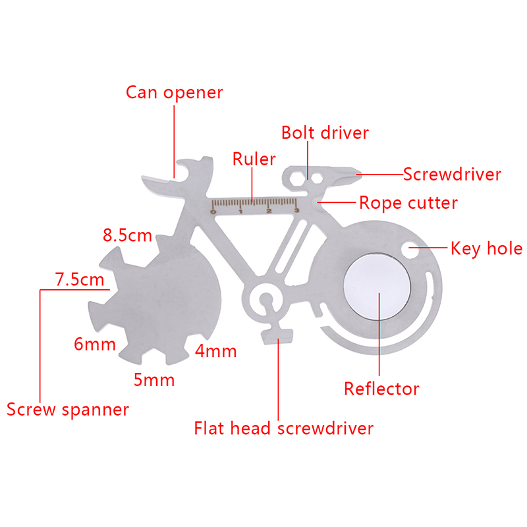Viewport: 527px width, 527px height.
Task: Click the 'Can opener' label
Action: pos(175,92)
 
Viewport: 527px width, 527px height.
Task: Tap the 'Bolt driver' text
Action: pos(325,132)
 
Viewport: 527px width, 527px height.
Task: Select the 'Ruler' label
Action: pos(254,159)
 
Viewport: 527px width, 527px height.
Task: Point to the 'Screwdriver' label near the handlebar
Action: pos(452,175)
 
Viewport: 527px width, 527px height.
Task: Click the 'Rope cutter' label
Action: pos(408,202)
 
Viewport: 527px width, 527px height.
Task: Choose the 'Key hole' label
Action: pos(486,248)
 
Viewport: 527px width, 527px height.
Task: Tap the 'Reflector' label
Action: pos(381,389)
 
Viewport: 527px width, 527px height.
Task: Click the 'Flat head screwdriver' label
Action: pos(283,428)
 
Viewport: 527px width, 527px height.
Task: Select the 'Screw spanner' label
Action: pos(68,409)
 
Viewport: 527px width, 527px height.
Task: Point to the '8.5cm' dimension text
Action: pos(127,235)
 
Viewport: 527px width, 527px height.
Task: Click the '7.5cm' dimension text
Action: pos(79,279)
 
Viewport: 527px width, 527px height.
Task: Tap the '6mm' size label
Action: pos(95,344)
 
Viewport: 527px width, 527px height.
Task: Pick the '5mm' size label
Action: pos(153,379)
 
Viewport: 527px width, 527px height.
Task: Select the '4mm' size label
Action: pos(215,350)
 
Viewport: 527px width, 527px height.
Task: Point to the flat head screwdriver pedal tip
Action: pos(276,337)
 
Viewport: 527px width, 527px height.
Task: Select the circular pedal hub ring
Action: pos(265,300)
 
